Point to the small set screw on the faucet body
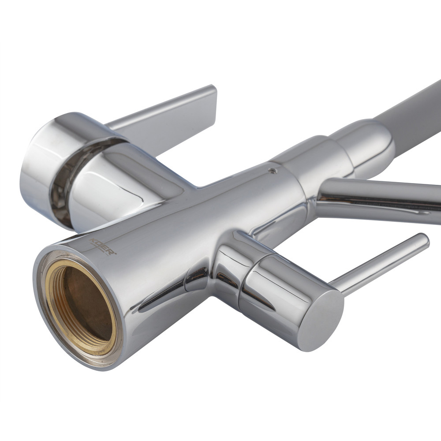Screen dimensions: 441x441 tap(272, 170)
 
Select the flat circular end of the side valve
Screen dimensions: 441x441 tap(321, 321)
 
